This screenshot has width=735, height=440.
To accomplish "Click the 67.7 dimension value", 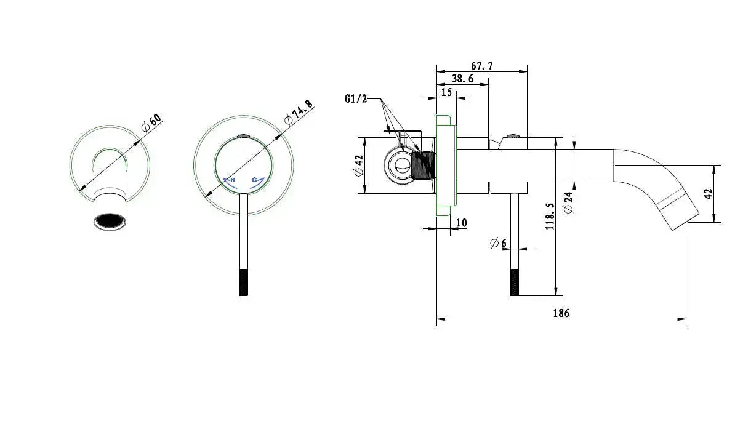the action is (x=482, y=66).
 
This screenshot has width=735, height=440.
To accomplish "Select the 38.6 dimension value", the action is (x=463, y=79).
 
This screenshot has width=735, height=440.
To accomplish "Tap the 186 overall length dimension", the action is (x=561, y=313).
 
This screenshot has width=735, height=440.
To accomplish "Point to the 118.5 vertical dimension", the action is (x=550, y=216).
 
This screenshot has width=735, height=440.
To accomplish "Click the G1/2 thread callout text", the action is (x=356, y=98).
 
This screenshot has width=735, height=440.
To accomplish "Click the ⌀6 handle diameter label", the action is (x=498, y=243).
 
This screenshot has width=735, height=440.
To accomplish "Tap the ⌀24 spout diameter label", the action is (x=568, y=202).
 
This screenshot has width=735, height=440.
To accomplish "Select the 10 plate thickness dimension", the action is (x=461, y=223).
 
